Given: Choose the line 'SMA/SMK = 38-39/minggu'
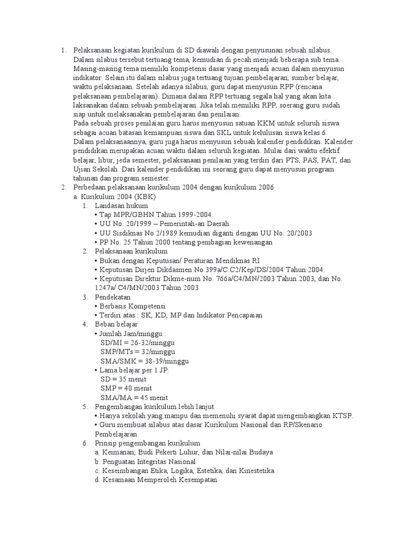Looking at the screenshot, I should tap(144, 361).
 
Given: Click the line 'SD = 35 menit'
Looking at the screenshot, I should tap(123, 379).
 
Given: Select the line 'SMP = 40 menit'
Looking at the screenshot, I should tap(126, 388).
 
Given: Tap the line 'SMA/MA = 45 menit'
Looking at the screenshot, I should tap(134, 397).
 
